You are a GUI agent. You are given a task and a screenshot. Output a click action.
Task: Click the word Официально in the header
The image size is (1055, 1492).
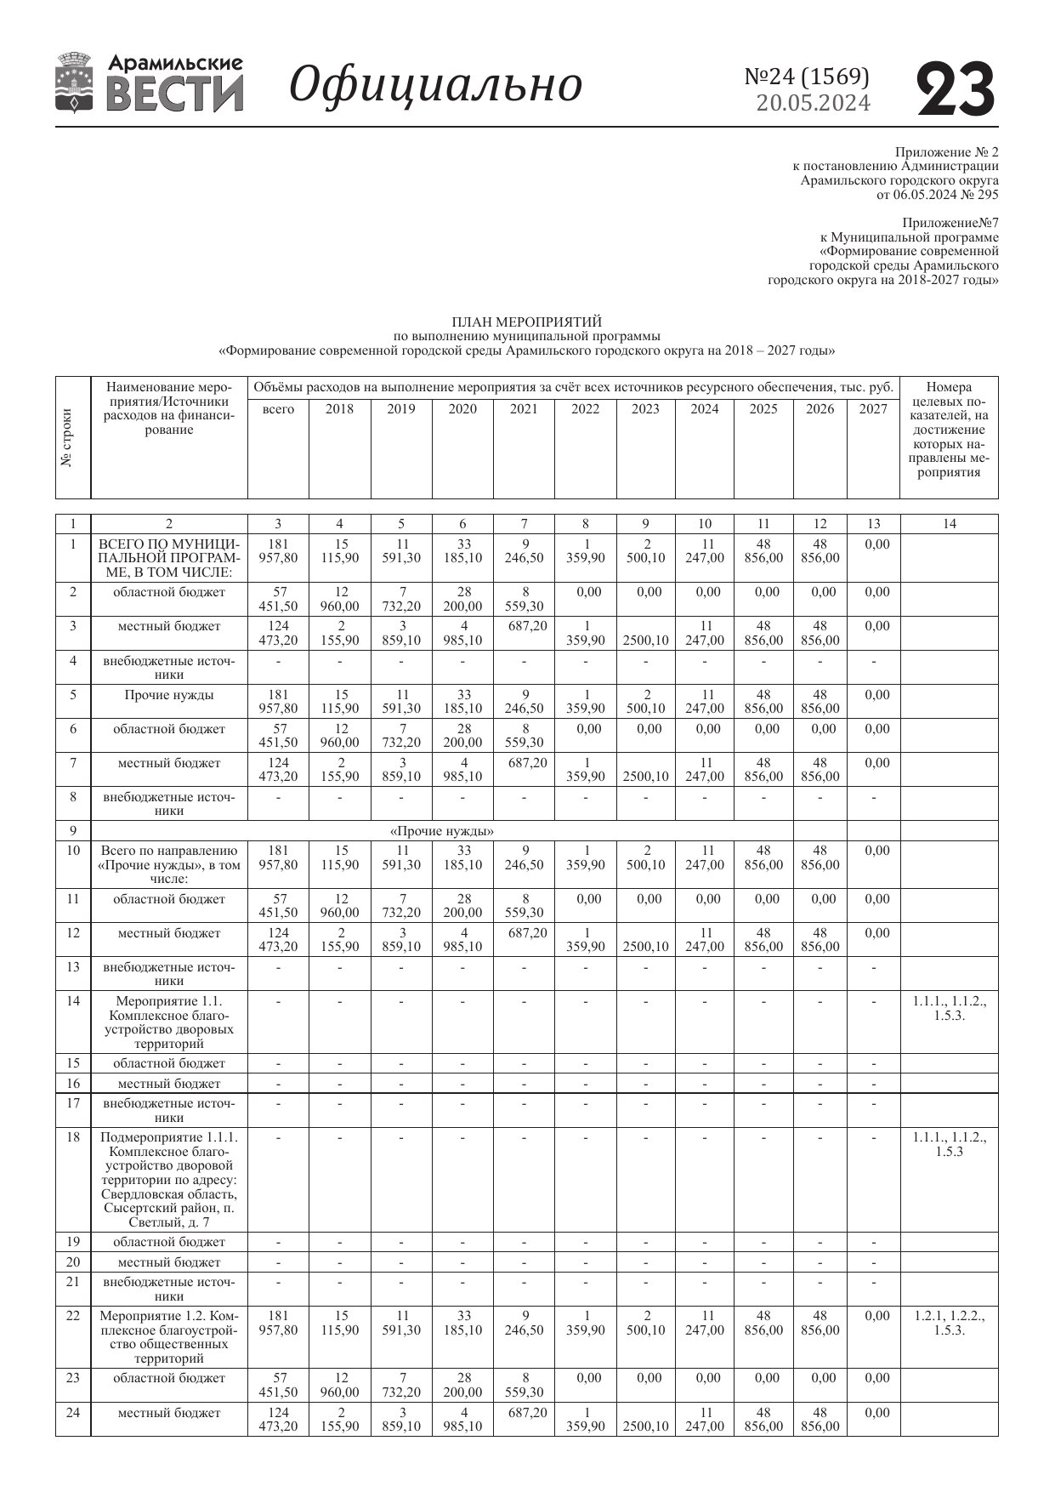[435, 85]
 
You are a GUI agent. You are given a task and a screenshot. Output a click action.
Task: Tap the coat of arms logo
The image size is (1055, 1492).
[74, 83]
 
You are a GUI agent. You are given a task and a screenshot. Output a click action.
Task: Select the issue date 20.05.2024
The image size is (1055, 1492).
[813, 103]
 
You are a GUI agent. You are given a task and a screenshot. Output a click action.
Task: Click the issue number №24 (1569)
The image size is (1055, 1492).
[807, 77]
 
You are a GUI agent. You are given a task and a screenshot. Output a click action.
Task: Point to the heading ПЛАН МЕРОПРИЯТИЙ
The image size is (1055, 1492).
[526, 322]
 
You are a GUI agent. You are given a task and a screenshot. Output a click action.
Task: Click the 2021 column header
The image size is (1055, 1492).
[524, 409]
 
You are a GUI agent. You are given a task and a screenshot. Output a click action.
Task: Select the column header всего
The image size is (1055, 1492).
[278, 409]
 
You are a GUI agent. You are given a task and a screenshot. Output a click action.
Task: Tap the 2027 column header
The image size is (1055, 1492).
[873, 409]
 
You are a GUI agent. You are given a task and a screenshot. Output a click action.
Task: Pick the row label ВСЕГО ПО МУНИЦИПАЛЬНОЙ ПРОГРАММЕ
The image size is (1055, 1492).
[169, 558]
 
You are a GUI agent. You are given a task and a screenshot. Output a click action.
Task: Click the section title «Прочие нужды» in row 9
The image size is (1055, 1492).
[441, 831]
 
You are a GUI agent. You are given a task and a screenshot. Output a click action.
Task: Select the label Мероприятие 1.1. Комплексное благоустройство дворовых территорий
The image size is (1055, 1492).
[169, 1022]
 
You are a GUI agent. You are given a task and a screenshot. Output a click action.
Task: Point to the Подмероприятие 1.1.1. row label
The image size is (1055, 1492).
[169, 1179]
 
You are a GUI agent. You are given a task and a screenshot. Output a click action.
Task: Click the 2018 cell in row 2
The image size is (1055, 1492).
[340, 599]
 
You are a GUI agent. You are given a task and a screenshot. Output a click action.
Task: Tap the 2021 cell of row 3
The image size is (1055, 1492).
[524, 627]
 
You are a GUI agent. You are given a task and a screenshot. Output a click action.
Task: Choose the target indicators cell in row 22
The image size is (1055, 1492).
[949, 1323]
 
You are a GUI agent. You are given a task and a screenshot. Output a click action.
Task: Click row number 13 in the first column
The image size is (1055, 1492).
[73, 967]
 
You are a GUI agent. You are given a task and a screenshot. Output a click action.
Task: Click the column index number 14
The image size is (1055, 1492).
[949, 524]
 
